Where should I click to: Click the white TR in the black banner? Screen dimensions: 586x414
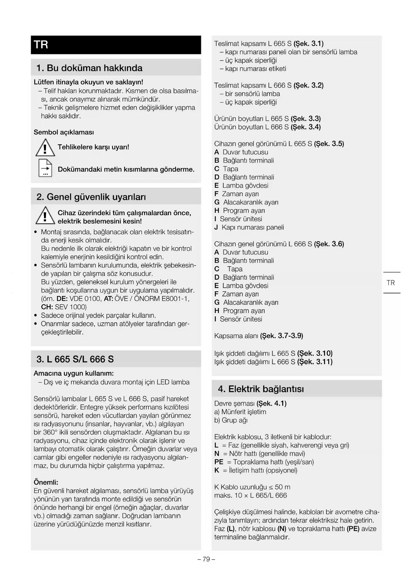coord(41,45)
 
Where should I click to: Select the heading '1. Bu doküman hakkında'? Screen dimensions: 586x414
coord(89,68)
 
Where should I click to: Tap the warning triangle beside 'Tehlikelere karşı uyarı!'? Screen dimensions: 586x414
coord(45,148)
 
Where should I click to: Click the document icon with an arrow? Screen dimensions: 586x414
coord(45,168)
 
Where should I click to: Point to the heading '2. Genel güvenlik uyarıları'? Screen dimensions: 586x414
coord(91,197)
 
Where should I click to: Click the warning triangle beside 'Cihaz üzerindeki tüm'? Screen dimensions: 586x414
coord(45,215)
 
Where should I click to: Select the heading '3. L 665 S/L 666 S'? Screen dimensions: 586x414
coord(75,359)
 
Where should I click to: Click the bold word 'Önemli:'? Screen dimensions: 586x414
coord(46,482)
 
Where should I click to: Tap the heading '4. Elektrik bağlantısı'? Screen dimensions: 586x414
coord(261,389)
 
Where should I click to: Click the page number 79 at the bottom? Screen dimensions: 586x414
coord(206,559)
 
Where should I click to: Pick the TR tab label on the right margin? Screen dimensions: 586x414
coord(391,283)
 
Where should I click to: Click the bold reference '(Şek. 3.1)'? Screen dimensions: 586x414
coord(309,43)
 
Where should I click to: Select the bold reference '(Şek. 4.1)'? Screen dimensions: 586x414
coord(272,403)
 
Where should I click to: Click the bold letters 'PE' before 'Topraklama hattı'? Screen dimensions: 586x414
coord(219,462)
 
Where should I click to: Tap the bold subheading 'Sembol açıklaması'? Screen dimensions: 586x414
coord(64,132)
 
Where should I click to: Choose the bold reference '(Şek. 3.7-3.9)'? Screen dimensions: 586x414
coord(282,336)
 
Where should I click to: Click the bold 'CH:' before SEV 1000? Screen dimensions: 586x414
coord(47,307)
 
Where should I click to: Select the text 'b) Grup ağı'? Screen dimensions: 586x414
coord(231,420)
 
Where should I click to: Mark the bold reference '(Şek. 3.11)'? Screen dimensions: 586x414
coord(315,362)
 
